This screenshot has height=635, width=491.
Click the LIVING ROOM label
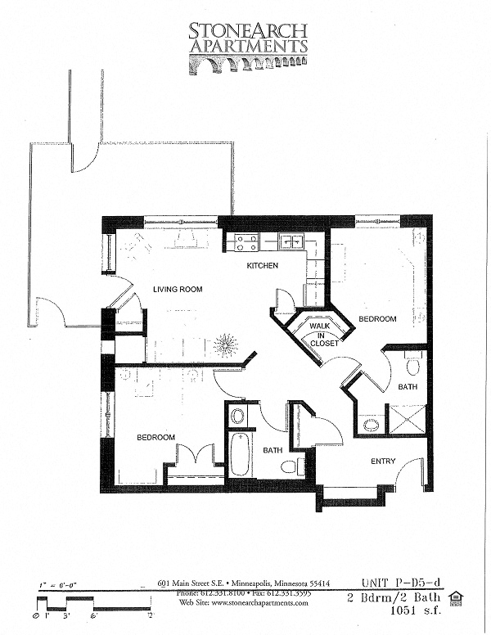(178, 289)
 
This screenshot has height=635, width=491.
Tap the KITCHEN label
(263, 266)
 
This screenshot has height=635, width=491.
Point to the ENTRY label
(383, 462)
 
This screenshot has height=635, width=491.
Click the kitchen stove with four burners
(247, 242)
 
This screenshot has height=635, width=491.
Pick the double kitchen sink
(291, 241)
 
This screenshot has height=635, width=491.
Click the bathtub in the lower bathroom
(240, 454)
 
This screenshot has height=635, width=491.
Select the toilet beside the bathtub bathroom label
(289, 467)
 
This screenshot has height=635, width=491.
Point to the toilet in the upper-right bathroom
(412, 365)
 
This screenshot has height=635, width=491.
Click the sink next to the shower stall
(371, 425)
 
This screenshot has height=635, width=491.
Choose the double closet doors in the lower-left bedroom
(195, 456)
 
